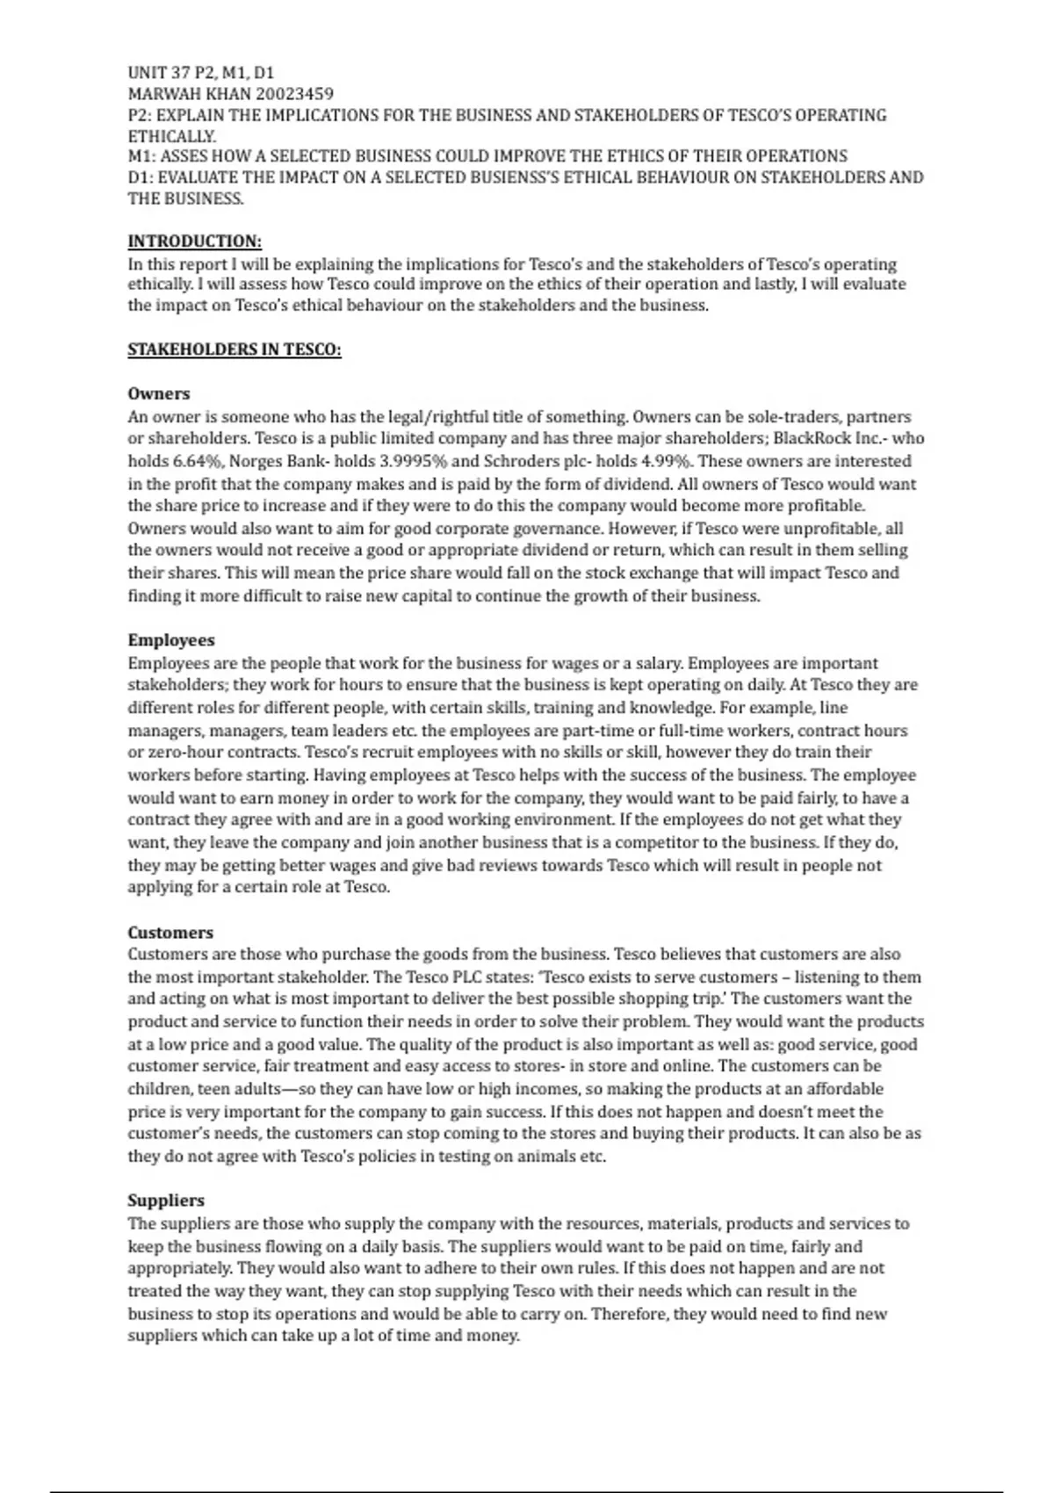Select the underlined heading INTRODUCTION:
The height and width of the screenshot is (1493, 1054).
[x=194, y=242]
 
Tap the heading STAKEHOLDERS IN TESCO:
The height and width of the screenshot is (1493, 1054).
[x=234, y=350]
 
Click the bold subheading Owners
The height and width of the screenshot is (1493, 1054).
[x=158, y=393]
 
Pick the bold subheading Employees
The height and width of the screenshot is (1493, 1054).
[x=170, y=640]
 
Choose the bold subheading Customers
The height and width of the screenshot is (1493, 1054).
[x=170, y=933]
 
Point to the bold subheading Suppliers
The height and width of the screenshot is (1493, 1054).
[x=165, y=1201]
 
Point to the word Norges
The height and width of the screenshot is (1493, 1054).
[x=256, y=461]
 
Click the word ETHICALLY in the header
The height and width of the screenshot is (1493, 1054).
[x=171, y=136]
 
